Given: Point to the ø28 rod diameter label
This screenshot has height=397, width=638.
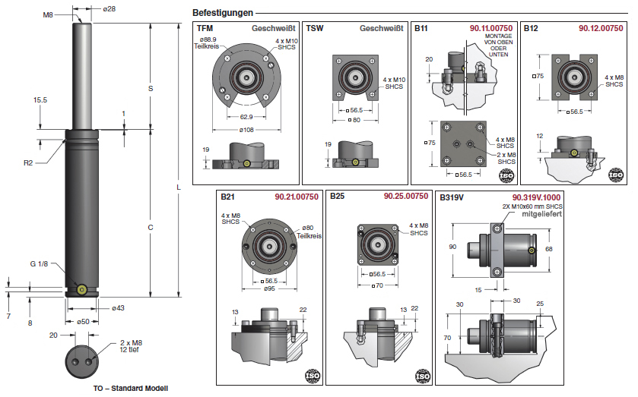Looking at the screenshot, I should (x=109, y=9).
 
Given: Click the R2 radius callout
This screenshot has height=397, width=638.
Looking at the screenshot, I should (x=28, y=162).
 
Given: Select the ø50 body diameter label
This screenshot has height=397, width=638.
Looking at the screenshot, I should (x=84, y=322).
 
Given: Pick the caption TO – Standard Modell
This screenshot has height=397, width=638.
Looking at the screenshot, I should (x=130, y=389).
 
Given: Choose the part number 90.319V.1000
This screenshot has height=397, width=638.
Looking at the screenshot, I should (x=537, y=197).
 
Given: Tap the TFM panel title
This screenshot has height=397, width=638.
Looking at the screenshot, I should (x=205, y=28).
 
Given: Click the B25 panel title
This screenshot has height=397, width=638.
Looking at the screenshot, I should (x=337, y=197).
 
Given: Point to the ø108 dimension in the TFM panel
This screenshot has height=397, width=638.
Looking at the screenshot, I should (x=247, y=130).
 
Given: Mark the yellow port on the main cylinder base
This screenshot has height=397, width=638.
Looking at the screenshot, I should (x=81, y=288).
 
